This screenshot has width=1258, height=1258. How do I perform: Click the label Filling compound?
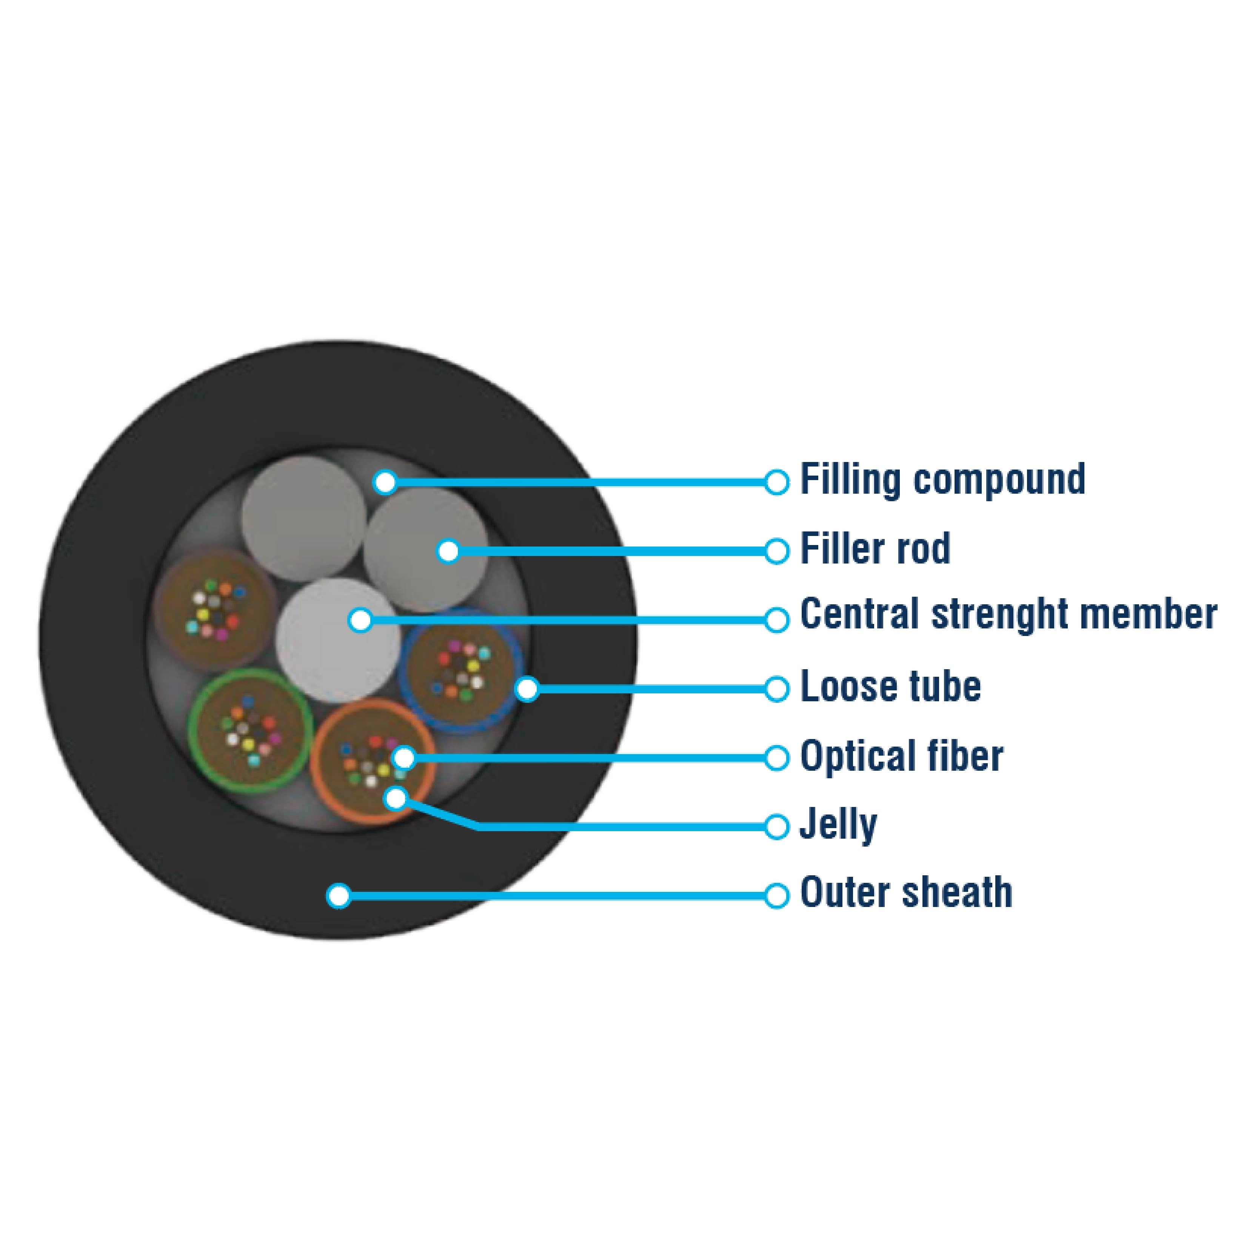tap(942, 479)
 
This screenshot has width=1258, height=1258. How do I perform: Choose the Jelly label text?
tap(838, 825)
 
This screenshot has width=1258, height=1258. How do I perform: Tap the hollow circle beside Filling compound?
tap(776, 482)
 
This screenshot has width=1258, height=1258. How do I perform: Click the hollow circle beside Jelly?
tap(776, 827)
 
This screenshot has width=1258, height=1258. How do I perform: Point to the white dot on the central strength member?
tap(360, 620)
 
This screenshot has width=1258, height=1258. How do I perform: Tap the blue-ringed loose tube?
tap(461, 671)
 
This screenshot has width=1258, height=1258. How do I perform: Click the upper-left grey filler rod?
tap(303, 517)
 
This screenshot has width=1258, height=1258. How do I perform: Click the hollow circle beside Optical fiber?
tap(776, 758)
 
